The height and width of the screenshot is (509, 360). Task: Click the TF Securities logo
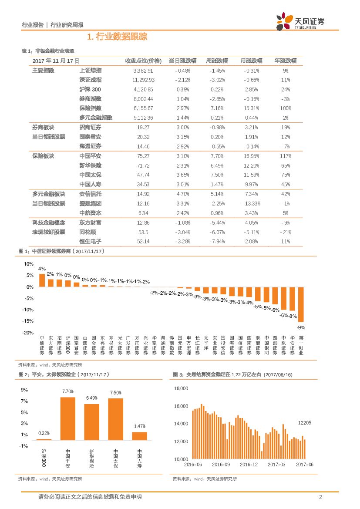(300, 21)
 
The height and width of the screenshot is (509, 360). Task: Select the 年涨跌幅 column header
(285, 61)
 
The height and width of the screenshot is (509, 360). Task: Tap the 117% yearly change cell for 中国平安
(285, 156)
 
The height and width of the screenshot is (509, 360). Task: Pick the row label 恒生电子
(90, 241)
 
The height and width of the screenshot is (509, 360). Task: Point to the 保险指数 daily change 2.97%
(182, 108)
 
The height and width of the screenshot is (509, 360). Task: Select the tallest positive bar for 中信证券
(42, 280)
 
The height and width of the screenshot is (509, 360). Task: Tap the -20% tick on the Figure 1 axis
(28, 333)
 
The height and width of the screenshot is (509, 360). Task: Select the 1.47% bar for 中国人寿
(139, 436)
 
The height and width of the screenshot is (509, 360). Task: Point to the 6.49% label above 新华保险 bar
(91, 398)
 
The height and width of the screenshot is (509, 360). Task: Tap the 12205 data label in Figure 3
(304, 423)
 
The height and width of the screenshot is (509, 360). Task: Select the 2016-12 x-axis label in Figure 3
(248, 465)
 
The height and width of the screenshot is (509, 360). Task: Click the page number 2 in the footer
(320, 497)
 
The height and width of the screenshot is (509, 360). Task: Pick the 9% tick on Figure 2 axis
(24, 390)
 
